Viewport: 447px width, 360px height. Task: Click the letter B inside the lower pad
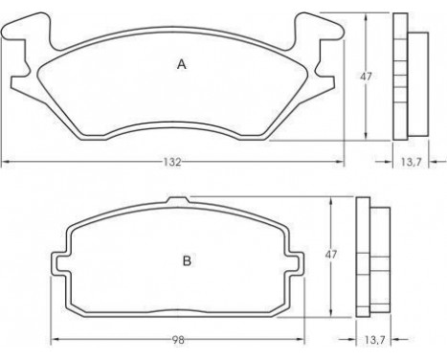(x=188, y=259)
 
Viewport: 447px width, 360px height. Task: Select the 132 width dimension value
(x=171, y=163)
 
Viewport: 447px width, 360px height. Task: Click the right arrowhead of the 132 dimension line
(x=341, y=163)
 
